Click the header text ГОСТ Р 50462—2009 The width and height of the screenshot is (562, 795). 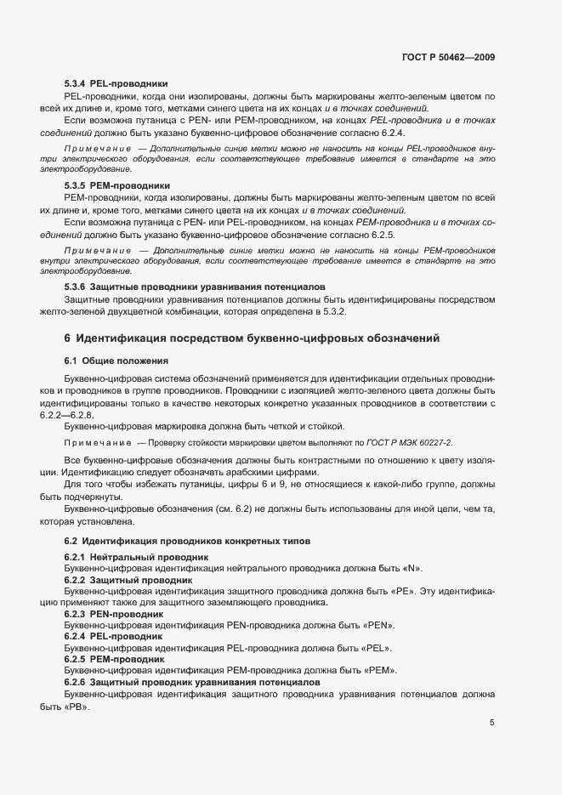(x=448, y=57)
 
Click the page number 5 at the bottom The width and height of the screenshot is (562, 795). (x=491, y=723)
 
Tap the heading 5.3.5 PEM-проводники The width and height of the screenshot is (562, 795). (x=117, y=185)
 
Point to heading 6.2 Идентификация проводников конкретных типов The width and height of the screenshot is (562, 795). (x=181, y=541)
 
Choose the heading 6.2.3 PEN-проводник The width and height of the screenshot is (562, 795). (x=114, y=612)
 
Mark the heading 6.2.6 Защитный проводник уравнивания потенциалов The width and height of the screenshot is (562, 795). (x=192, y=683)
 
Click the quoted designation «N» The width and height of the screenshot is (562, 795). (x=412, y=568)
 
